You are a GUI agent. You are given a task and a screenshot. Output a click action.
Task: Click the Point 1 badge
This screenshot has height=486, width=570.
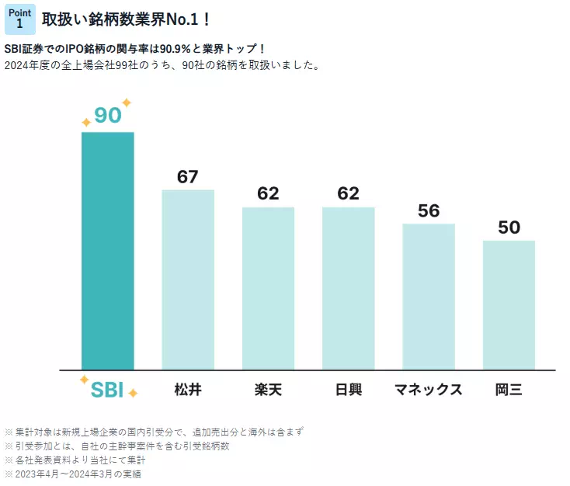tap(20, 19)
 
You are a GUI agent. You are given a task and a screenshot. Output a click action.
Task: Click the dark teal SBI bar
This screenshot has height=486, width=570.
tap(108, 251)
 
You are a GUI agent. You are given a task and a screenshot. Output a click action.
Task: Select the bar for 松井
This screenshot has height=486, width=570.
tap(188, 279)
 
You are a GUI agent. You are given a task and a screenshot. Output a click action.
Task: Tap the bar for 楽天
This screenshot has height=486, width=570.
tap(268, 288)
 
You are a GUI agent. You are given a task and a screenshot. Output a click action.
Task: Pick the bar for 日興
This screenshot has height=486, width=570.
tap(349, 288)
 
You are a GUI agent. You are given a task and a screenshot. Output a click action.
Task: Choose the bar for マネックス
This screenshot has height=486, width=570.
tap(429, 297)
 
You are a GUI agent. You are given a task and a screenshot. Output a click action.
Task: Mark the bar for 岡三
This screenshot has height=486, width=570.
tap(509, 305)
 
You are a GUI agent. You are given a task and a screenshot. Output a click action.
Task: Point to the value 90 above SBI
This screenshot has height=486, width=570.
tap(108, 115)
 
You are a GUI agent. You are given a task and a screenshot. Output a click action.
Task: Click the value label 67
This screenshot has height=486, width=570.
tap(188, 176)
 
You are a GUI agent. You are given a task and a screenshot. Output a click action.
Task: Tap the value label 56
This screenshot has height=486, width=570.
tap(429, 210)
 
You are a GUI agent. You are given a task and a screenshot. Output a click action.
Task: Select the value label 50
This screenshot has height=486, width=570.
tap(509, 227)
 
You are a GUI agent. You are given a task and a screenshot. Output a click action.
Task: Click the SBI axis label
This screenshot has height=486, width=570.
tap(107, 389)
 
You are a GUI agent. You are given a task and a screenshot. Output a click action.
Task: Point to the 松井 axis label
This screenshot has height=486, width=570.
tap(188, 389)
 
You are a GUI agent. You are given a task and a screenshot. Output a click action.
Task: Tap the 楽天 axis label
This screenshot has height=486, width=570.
tap(268, 389)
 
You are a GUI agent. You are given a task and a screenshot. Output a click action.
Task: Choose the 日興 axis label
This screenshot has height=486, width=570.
tap(349, 389)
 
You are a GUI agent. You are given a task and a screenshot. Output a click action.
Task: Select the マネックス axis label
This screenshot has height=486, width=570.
tap(429, 389)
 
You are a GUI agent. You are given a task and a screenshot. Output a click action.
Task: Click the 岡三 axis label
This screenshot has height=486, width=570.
tap(509, 389)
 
